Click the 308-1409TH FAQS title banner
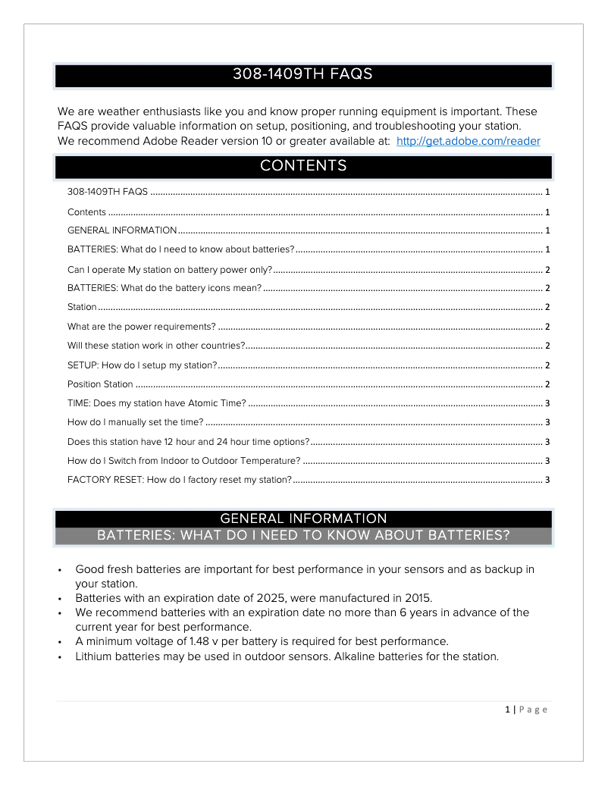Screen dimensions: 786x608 tap(303, 75)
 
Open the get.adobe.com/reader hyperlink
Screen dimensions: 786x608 tap(468, 142)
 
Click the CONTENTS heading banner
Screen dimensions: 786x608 tap(303, 166)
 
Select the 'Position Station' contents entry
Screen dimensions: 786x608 tap(100, 384)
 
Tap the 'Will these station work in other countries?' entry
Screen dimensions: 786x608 tap(156, 346)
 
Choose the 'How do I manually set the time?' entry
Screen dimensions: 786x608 tap(135, 422)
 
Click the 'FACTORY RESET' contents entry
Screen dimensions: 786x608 tap(180, 480)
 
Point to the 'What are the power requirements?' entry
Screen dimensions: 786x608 tap(142, 327)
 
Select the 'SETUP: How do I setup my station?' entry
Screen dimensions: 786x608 tap(143, 365)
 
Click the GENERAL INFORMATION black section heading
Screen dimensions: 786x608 tap(303, 519)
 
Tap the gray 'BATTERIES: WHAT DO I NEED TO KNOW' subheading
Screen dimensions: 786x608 tap(303, 536)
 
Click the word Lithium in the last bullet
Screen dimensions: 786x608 tap(97, 656)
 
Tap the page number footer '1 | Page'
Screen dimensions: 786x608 tap(526, 709)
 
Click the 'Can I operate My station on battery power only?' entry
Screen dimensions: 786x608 tap(170, 269)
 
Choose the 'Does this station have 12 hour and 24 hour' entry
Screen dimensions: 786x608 tap(188, 442)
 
